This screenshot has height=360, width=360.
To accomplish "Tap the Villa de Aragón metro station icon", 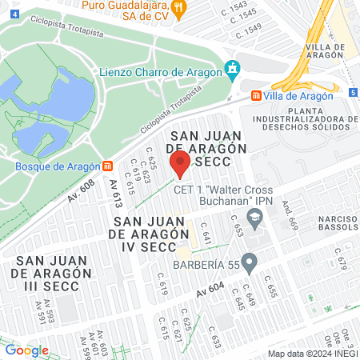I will coord(256,96).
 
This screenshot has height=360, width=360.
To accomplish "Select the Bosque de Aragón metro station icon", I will coord(107,167).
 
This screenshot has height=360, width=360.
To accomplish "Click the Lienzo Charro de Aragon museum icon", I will coord(233,70).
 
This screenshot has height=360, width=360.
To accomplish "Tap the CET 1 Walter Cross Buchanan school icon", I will coord(254,216).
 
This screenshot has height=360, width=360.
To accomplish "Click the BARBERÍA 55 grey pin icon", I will coord(250,261).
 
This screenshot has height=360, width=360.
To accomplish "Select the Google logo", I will coord(26,350).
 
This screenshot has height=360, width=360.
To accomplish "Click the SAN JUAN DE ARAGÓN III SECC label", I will coord(50,273).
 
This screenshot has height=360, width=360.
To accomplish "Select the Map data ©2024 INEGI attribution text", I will coord(311,354).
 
